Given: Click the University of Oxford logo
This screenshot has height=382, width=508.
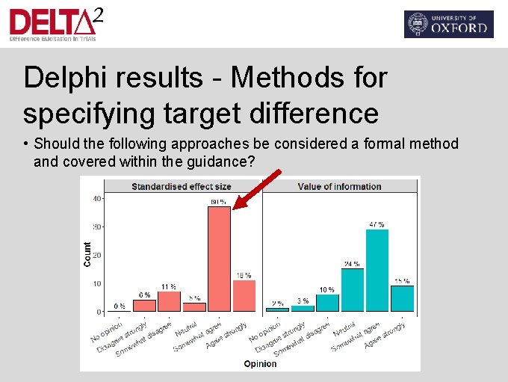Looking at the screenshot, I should point(448,24).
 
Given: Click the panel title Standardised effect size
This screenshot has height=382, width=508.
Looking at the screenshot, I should point(182,186).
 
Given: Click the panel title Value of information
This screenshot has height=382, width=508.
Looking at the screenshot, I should point(339,186).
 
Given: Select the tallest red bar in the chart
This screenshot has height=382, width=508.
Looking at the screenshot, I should point(219,259).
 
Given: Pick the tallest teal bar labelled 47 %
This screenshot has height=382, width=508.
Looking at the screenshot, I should point(377,270).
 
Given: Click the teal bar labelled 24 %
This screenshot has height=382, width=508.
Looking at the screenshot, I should point(352,289).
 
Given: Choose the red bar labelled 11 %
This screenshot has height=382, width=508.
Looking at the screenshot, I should point(169,301).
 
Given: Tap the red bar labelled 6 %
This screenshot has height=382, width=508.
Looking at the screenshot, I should point(144,306).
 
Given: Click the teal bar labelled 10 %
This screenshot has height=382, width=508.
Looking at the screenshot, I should point(327,302).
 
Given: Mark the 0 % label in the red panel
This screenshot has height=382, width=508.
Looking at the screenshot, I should point(119,306).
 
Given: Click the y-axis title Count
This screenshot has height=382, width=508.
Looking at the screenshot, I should point(87,254).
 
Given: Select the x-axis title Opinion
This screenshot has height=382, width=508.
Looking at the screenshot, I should point(260,364).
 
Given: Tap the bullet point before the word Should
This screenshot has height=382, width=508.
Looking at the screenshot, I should point(26,144).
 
